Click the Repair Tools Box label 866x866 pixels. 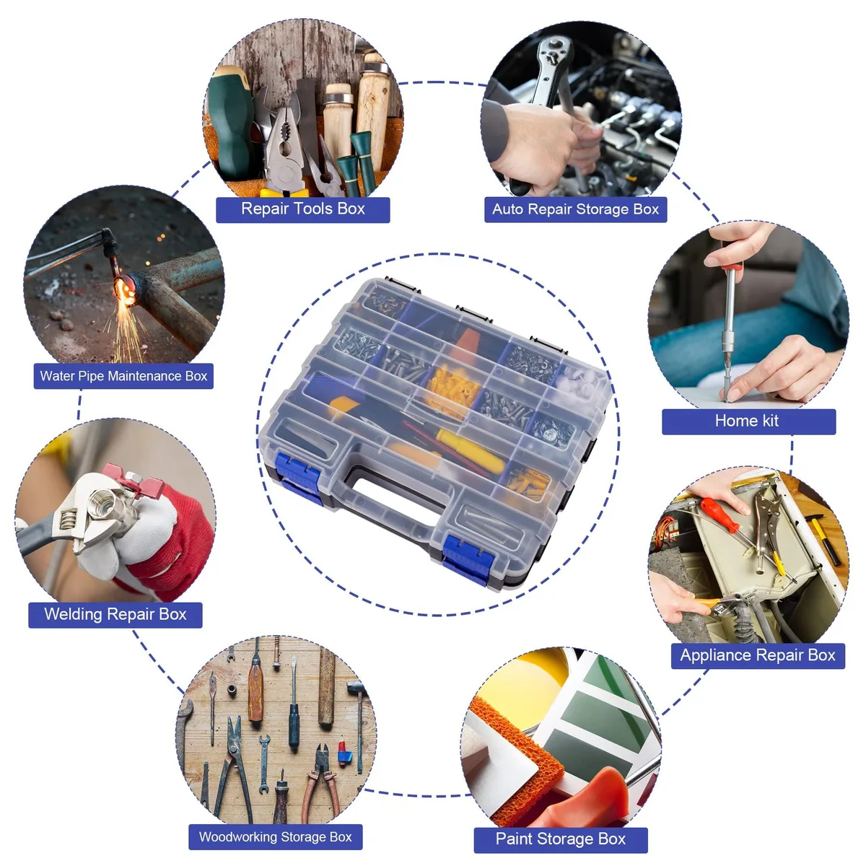(302, 209)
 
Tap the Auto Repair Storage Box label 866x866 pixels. (575, 209)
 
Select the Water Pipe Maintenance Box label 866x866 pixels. (123, 376)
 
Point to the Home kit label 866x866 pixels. (748, 421)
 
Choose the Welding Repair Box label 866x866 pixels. (115, 615)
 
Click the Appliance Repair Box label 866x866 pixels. (758, 656)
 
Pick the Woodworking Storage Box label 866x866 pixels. (275, 837)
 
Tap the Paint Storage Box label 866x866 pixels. (561, 839)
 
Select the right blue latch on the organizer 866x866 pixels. (468, 559)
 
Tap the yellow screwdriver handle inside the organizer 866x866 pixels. (470, 451)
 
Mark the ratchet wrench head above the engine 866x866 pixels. (556, 55)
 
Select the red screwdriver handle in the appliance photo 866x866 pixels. (720, 515)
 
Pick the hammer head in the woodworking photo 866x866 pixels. (355, 686)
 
